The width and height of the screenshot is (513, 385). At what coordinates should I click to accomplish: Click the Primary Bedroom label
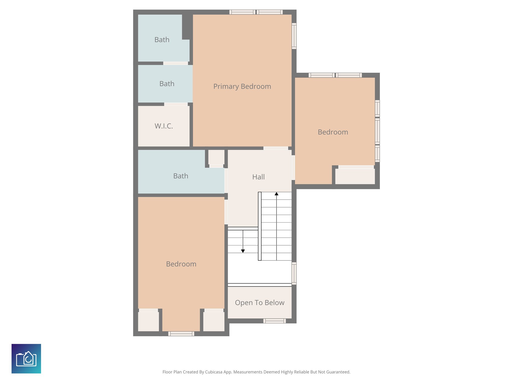[242, 86]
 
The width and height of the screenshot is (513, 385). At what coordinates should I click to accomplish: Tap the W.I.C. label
[164, 126]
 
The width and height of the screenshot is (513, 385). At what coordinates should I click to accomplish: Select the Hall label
[258, 177]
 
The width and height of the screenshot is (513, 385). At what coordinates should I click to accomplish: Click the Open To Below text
[260, 303]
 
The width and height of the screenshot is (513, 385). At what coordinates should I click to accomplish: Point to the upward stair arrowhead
[276, 194]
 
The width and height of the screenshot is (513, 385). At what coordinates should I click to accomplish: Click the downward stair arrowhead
[243, 251]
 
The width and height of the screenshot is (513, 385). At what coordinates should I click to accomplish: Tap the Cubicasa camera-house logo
[26, 358]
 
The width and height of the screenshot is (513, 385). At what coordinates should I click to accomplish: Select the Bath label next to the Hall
[181, 176]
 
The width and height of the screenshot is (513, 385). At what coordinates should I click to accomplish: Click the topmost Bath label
[162, 40]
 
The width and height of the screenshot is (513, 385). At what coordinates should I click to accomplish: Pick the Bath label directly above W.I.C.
[167, 84]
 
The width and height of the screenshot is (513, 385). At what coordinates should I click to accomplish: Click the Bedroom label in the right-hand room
[333, 132]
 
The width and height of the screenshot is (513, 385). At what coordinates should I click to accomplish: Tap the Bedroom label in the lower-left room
[181, 264]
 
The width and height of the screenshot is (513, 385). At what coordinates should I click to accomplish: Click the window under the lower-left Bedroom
[181, 334]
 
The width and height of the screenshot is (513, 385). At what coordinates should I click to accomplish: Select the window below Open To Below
[274, 321]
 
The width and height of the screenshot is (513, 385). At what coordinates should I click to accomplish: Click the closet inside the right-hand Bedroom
[355, 176]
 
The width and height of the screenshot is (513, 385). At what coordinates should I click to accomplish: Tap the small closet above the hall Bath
[216, 157]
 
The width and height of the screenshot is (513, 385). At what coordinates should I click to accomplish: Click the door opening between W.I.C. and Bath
[176, 104]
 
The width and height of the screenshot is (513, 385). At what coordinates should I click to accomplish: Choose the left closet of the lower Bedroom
[148, 321]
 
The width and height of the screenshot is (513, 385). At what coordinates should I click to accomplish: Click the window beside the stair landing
[294, 273]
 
